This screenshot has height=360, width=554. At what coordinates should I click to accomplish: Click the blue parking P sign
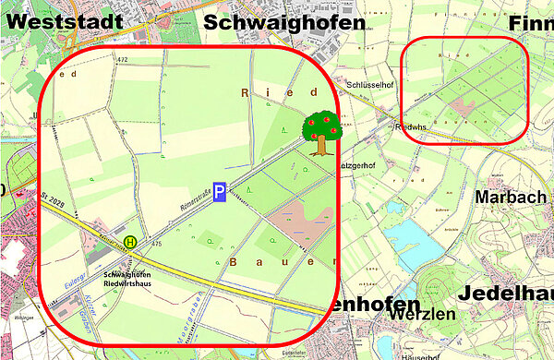point(220,192)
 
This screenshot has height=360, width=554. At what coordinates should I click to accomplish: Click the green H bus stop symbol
point(131,242)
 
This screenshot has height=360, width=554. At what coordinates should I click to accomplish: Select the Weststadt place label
point(56,20)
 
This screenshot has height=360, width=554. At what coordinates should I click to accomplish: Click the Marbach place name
point(510,198)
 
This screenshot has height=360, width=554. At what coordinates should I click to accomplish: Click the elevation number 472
point(122,59)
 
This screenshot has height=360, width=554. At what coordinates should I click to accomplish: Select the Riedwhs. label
point(407,126)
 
